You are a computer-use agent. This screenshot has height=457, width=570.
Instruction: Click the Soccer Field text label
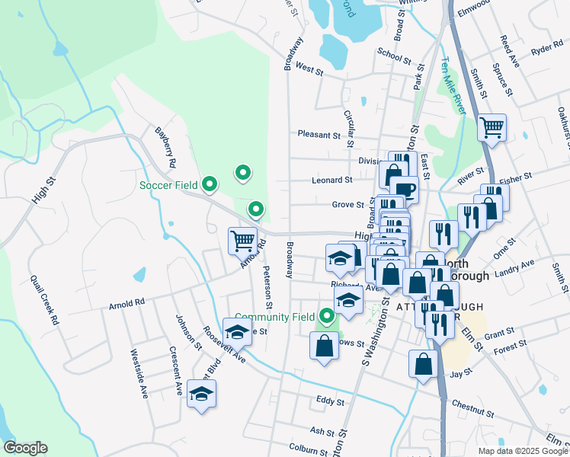click(x=168, y=185)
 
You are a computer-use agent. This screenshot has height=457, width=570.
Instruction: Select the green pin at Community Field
click(x=327, y=315)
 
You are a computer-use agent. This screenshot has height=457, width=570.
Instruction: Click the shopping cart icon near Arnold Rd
click(x=242, y=241)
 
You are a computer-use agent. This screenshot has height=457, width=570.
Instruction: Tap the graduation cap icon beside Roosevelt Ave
click(x=237, y=332)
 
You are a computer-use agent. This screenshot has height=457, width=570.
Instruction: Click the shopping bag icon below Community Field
click(x=324, y=346)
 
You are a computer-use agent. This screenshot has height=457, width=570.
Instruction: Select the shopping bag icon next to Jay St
click(x=423, y=364)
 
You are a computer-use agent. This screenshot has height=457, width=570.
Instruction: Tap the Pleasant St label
click(x=319, y=135)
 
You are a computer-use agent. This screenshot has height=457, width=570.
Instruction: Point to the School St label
click(x=394, y=54)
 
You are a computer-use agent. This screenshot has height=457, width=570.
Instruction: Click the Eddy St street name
click(x=330, y=401)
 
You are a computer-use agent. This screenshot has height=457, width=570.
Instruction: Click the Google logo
click(x=24, y=448)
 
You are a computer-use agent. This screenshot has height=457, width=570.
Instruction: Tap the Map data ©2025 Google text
click(x=522, y=451)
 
